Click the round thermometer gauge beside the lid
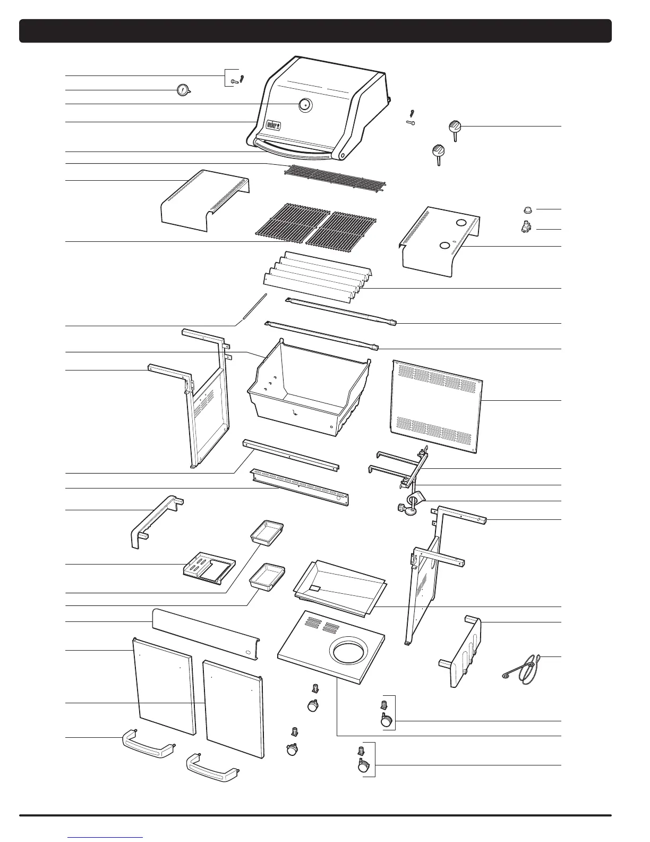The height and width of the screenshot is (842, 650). click(183, 90)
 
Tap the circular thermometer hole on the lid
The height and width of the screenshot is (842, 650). click(305, 105)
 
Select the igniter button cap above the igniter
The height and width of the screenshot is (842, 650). click(528, 209)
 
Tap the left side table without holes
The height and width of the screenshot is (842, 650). click(204, 200)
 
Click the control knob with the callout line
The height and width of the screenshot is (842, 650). click(455, 128)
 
